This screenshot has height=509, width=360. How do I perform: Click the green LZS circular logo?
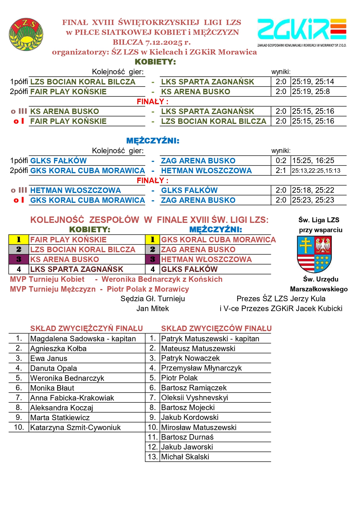click(x=26, y=34)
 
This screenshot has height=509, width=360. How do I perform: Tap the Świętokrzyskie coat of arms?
click(x=314, y=254)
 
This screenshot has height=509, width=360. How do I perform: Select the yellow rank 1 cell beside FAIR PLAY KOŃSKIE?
click(x=19, y=240)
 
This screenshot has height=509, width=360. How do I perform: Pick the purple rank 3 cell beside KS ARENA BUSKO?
click(x=19, y=259)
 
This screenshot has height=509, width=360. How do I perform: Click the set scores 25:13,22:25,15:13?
click(x=316, y=171)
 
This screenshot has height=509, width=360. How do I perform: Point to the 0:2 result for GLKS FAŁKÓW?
click(x=281, y=161)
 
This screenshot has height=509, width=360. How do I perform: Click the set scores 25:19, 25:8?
click(x=311, y=92)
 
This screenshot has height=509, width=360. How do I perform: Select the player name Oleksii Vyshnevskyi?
click(x=195, y=398)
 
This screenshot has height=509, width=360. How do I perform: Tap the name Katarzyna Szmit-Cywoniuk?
click(x=75, y=427)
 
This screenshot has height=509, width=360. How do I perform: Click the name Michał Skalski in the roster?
click(x=185, y=457)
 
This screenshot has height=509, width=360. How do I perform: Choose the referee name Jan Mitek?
click(x=153, y=308)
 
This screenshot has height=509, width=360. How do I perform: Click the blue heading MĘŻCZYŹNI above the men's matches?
click(x=153, y=141)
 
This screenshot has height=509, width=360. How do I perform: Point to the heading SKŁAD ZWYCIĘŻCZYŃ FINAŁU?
click(x=87, y=328)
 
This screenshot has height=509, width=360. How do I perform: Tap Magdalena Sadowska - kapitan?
click(x=83, y=339)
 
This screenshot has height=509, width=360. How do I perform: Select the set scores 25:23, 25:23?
click(x=313, y=200)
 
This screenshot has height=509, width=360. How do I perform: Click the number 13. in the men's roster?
click(x=152, y=457)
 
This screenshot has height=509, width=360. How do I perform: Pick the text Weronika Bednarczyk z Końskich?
click(x=162, y=279)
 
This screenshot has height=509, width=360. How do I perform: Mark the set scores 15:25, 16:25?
click(x=313, y=161)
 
